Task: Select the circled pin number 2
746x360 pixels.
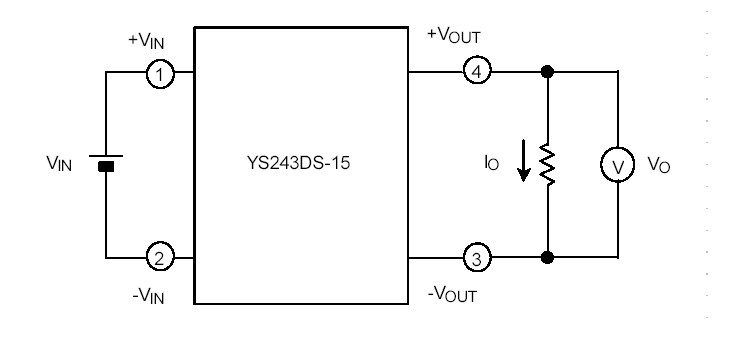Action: pyautogui.click(x=158, y=257)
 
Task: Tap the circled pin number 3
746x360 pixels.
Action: pyautogui.click(x=476, y=257)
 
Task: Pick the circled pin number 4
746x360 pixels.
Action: pyautogui.click(x=476, y=73)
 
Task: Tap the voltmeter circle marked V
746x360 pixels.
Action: pyautogui.click(x=618, y=166)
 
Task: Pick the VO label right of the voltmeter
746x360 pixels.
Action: pyautogui.click(x=659, y=166)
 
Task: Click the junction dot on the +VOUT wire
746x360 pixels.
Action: pyautogui.click(x=547, y=73)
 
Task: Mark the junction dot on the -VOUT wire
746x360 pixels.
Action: pyautogui.click(x=547, y=257)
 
